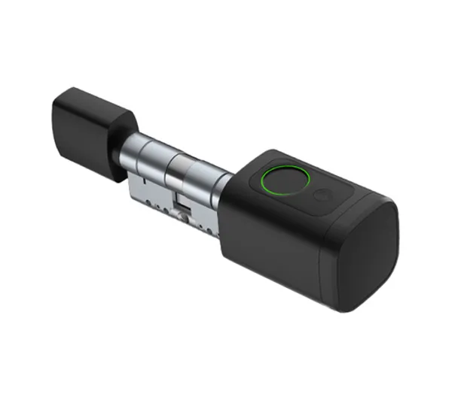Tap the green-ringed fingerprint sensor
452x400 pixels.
tap(287, 181)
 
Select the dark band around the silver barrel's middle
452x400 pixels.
tap(170, 166)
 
